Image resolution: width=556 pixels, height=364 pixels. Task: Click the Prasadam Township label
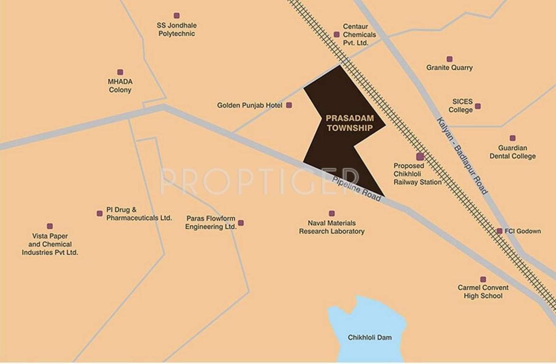pos(349,123)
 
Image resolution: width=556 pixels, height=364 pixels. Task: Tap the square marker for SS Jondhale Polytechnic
pos(176,16)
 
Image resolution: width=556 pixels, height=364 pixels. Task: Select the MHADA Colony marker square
pos(120,72)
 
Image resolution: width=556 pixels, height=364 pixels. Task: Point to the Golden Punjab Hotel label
pos(250,105)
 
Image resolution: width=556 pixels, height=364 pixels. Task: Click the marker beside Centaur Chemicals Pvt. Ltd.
pos(336,34)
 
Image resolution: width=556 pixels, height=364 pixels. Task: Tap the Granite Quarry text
pos(449,68)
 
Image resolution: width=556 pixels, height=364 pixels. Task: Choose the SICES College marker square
pos(478,106)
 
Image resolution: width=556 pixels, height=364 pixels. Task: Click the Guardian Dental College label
pos(512,152)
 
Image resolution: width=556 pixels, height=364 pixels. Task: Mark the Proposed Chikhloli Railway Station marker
pos(420,156)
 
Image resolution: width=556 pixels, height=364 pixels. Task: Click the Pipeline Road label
pos(357,189)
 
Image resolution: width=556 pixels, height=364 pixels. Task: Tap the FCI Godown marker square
pos(500,231)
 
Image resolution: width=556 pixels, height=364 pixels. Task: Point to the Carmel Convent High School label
pos(483,291)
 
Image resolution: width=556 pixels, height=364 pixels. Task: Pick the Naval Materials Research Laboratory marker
pos(332,213)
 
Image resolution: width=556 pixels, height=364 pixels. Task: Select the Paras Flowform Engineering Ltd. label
pos(211,223)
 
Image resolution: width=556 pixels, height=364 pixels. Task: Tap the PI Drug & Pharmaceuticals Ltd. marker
pos(100,213)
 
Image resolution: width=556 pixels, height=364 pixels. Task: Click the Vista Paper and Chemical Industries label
pos(50,244)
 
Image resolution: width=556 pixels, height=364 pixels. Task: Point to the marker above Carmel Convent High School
pos(483,279)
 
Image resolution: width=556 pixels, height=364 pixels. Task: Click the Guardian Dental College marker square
pos(512,138)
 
